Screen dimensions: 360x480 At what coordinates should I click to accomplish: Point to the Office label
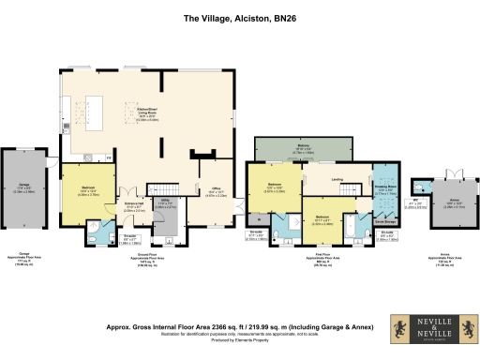214,194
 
